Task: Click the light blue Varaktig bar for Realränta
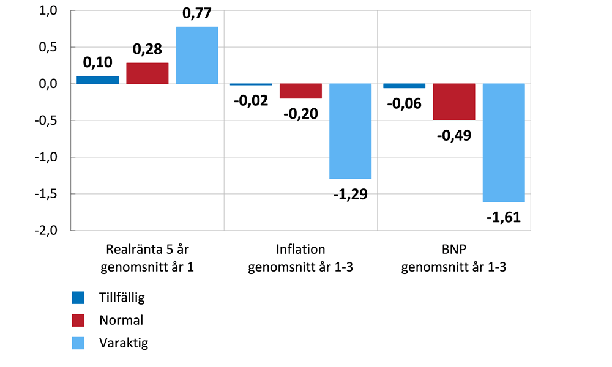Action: coord(197,56)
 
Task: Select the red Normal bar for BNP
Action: coord(453,102)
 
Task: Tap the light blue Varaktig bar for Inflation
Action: coord(350,131)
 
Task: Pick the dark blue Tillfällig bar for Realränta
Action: coord(97,80)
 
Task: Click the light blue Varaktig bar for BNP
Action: coord(503,143)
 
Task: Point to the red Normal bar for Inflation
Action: coord(300,91)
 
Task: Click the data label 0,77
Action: coord(197,13)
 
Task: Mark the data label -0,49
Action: coord(453,135)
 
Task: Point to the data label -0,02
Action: coord(251,100)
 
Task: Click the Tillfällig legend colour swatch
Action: coord(78,298)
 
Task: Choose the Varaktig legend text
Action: coord(124,343)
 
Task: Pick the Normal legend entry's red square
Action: coord(78,320)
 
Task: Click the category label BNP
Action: coord(453,250)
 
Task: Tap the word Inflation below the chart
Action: coord(300,250)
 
